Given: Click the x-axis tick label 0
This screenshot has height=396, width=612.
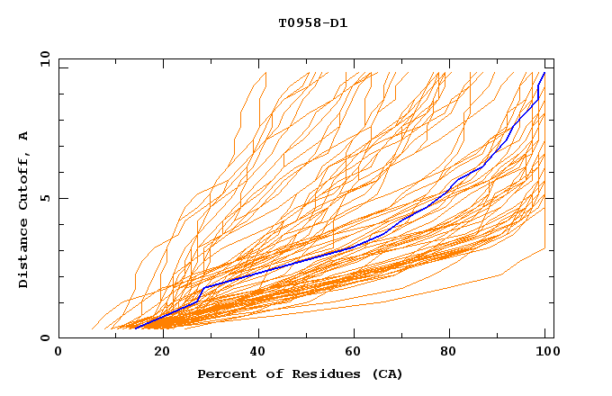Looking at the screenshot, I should [x=58, y=353].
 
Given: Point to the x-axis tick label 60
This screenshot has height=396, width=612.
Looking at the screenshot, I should [x=358, y=353].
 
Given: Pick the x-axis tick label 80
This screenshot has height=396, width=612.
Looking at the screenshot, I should [x=455, y=353].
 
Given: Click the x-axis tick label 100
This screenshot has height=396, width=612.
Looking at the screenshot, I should [x=544, y=353].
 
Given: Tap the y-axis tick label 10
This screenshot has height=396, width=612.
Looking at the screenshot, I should [x=44, y=58].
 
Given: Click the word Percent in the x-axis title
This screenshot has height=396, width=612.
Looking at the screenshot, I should [x=225, y=374].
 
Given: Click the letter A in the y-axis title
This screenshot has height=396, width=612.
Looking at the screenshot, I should [x=24, y=135].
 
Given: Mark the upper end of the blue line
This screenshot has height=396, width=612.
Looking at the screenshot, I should [x=544, y=73].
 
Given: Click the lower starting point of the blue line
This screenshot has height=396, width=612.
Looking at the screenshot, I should [x=134, y=328].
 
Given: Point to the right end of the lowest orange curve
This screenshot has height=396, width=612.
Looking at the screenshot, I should [x=546, y=248].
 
